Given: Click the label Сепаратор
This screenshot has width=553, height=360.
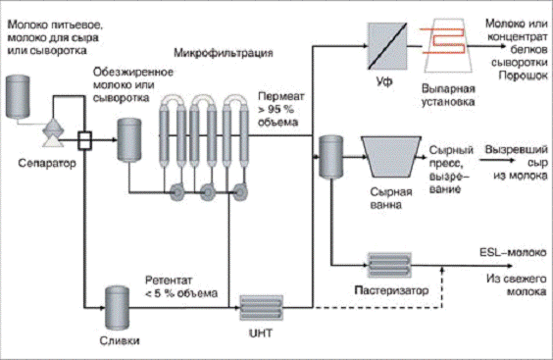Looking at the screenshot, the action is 47,163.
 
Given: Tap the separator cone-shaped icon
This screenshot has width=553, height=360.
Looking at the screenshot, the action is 53,132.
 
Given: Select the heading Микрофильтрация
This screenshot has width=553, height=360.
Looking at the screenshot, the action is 224,53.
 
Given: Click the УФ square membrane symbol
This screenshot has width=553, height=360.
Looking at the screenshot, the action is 387,46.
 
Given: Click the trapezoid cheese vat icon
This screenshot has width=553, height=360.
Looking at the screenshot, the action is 391,157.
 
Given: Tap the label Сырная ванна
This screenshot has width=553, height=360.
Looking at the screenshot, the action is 391,198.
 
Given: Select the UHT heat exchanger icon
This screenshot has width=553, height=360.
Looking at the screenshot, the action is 262,308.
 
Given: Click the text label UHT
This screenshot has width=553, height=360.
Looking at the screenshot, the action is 261,334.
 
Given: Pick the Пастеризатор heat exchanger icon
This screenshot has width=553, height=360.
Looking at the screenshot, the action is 389,266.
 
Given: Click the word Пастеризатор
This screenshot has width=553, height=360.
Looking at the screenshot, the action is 391,290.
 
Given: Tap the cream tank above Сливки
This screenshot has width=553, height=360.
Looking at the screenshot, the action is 117,308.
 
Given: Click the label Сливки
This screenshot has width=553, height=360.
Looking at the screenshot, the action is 120,340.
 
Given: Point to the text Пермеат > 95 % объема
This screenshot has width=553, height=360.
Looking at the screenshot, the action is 280,109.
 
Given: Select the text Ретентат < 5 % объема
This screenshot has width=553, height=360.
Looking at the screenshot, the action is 181,286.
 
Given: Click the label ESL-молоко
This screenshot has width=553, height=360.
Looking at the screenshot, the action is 513,252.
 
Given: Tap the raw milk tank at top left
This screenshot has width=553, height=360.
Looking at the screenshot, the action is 18,96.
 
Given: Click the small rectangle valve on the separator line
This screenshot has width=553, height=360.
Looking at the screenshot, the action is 84,140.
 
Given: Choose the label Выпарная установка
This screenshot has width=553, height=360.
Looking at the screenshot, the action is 448,95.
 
